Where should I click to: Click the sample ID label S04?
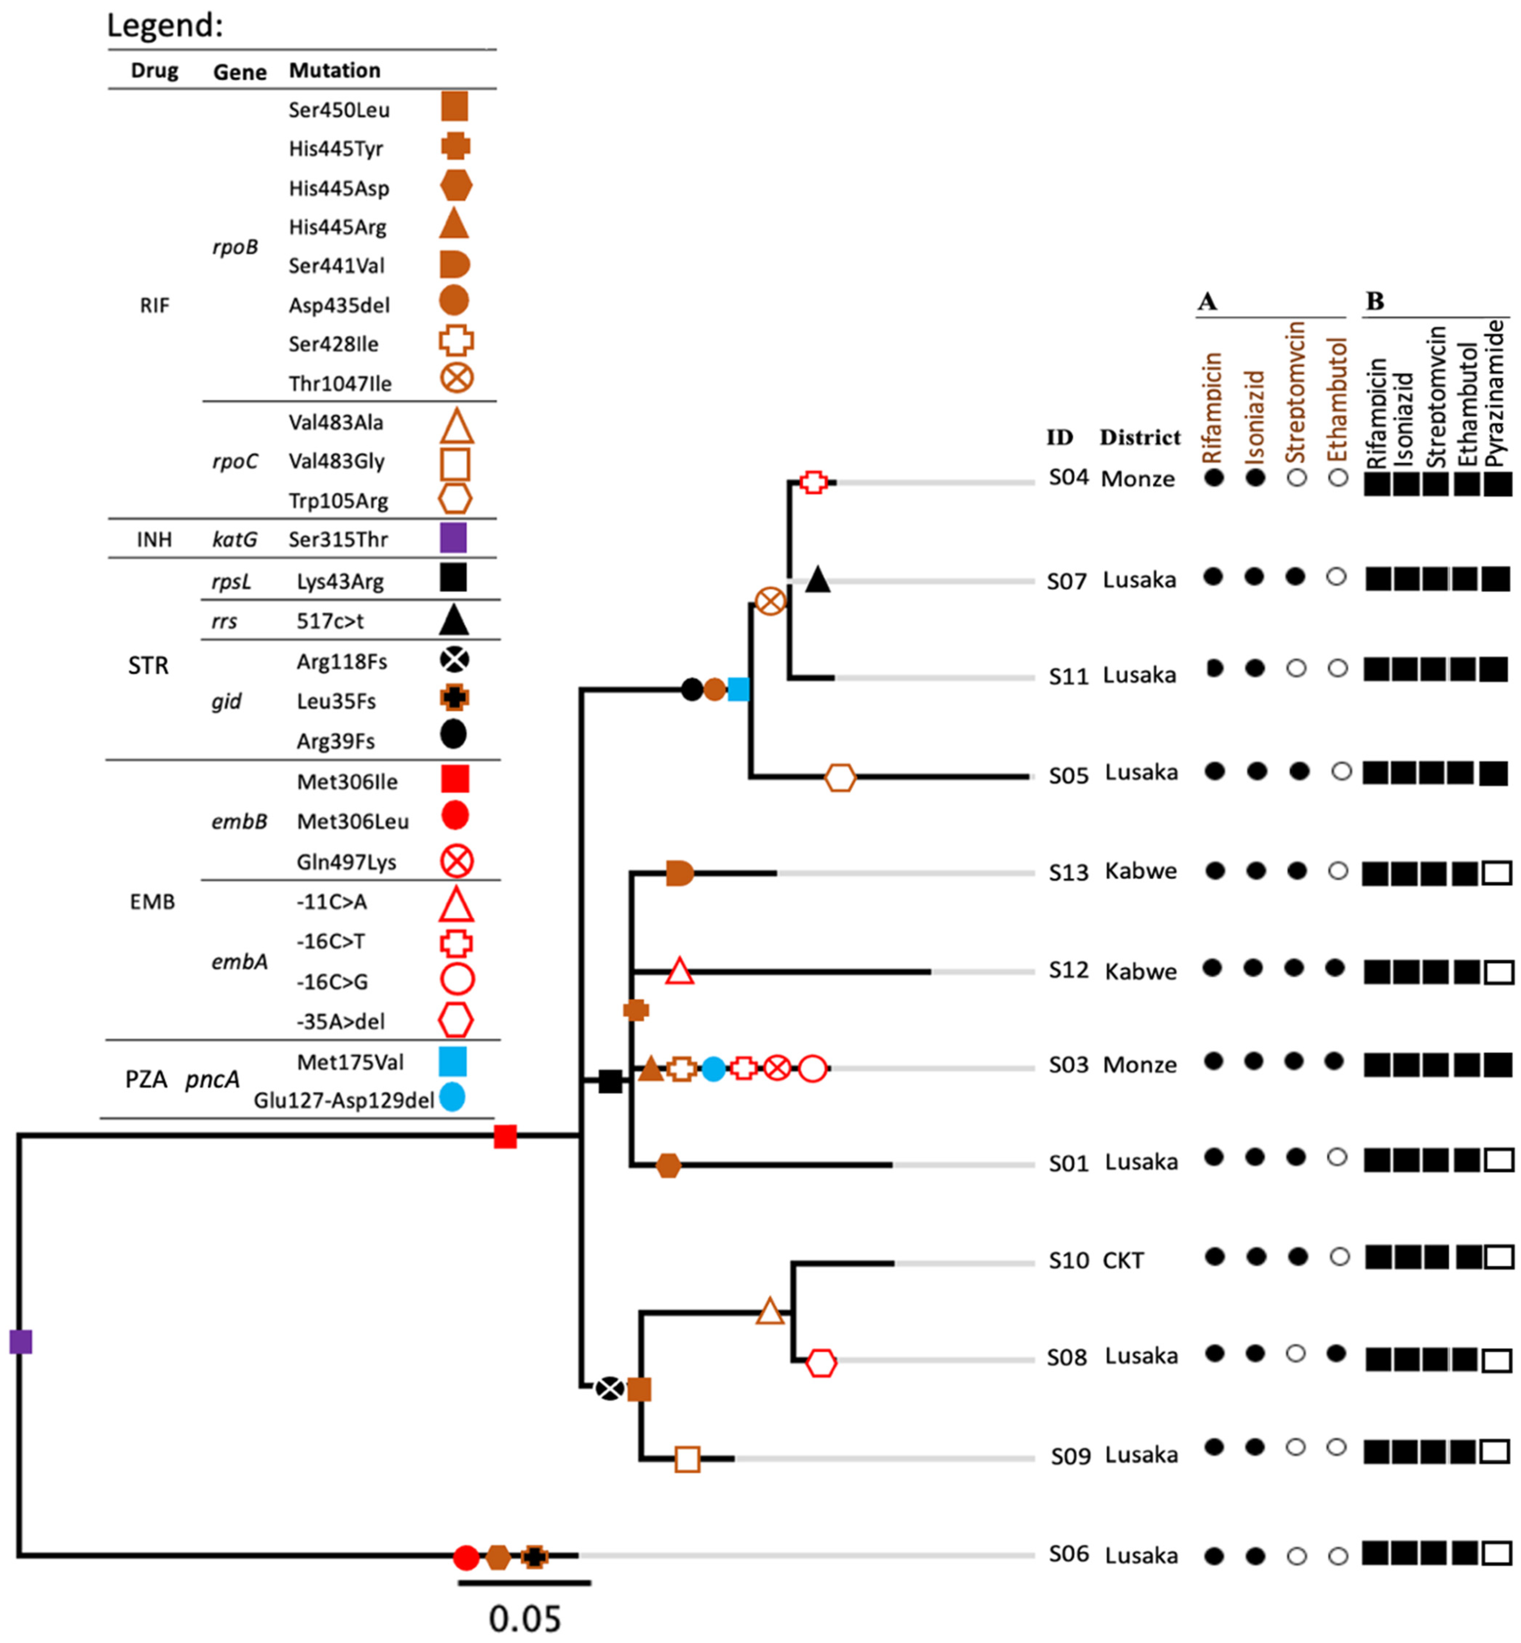(1068, 478)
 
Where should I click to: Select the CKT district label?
(1122, 1260)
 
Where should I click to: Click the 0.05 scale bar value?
(524, 1618)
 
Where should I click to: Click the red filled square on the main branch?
(504, 1136)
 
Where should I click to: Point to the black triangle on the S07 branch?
(817, 579)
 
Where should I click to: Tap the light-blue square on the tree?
(738, 689)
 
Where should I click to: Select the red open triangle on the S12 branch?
(679, 971)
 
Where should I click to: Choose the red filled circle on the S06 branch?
(466, 1557)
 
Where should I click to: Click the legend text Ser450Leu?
(339, 110)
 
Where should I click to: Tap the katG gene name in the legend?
(234, 539)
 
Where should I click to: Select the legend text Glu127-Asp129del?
(343, 1101)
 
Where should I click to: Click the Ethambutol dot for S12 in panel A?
(1335, 968)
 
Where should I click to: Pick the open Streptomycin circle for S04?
(1296, 478)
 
